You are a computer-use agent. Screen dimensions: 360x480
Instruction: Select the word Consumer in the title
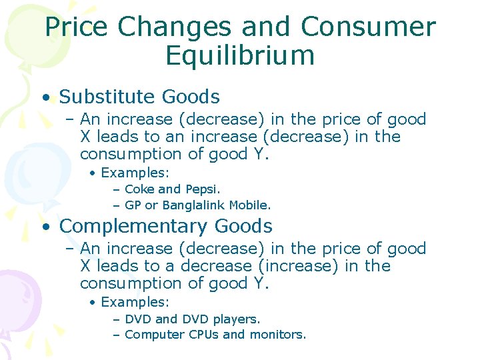tap(368, 27)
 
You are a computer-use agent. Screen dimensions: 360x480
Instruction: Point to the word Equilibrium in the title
tap(240, 56)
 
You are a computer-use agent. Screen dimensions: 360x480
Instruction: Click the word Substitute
tap(106, 97)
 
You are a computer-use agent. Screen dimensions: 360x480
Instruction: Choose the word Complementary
tap(131, 226)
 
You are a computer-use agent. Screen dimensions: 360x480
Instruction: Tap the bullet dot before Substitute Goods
tap(45, 98)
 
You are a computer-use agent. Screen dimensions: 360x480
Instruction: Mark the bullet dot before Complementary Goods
tap(45, 227)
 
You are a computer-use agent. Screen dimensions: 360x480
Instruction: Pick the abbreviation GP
tap(133, 205)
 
